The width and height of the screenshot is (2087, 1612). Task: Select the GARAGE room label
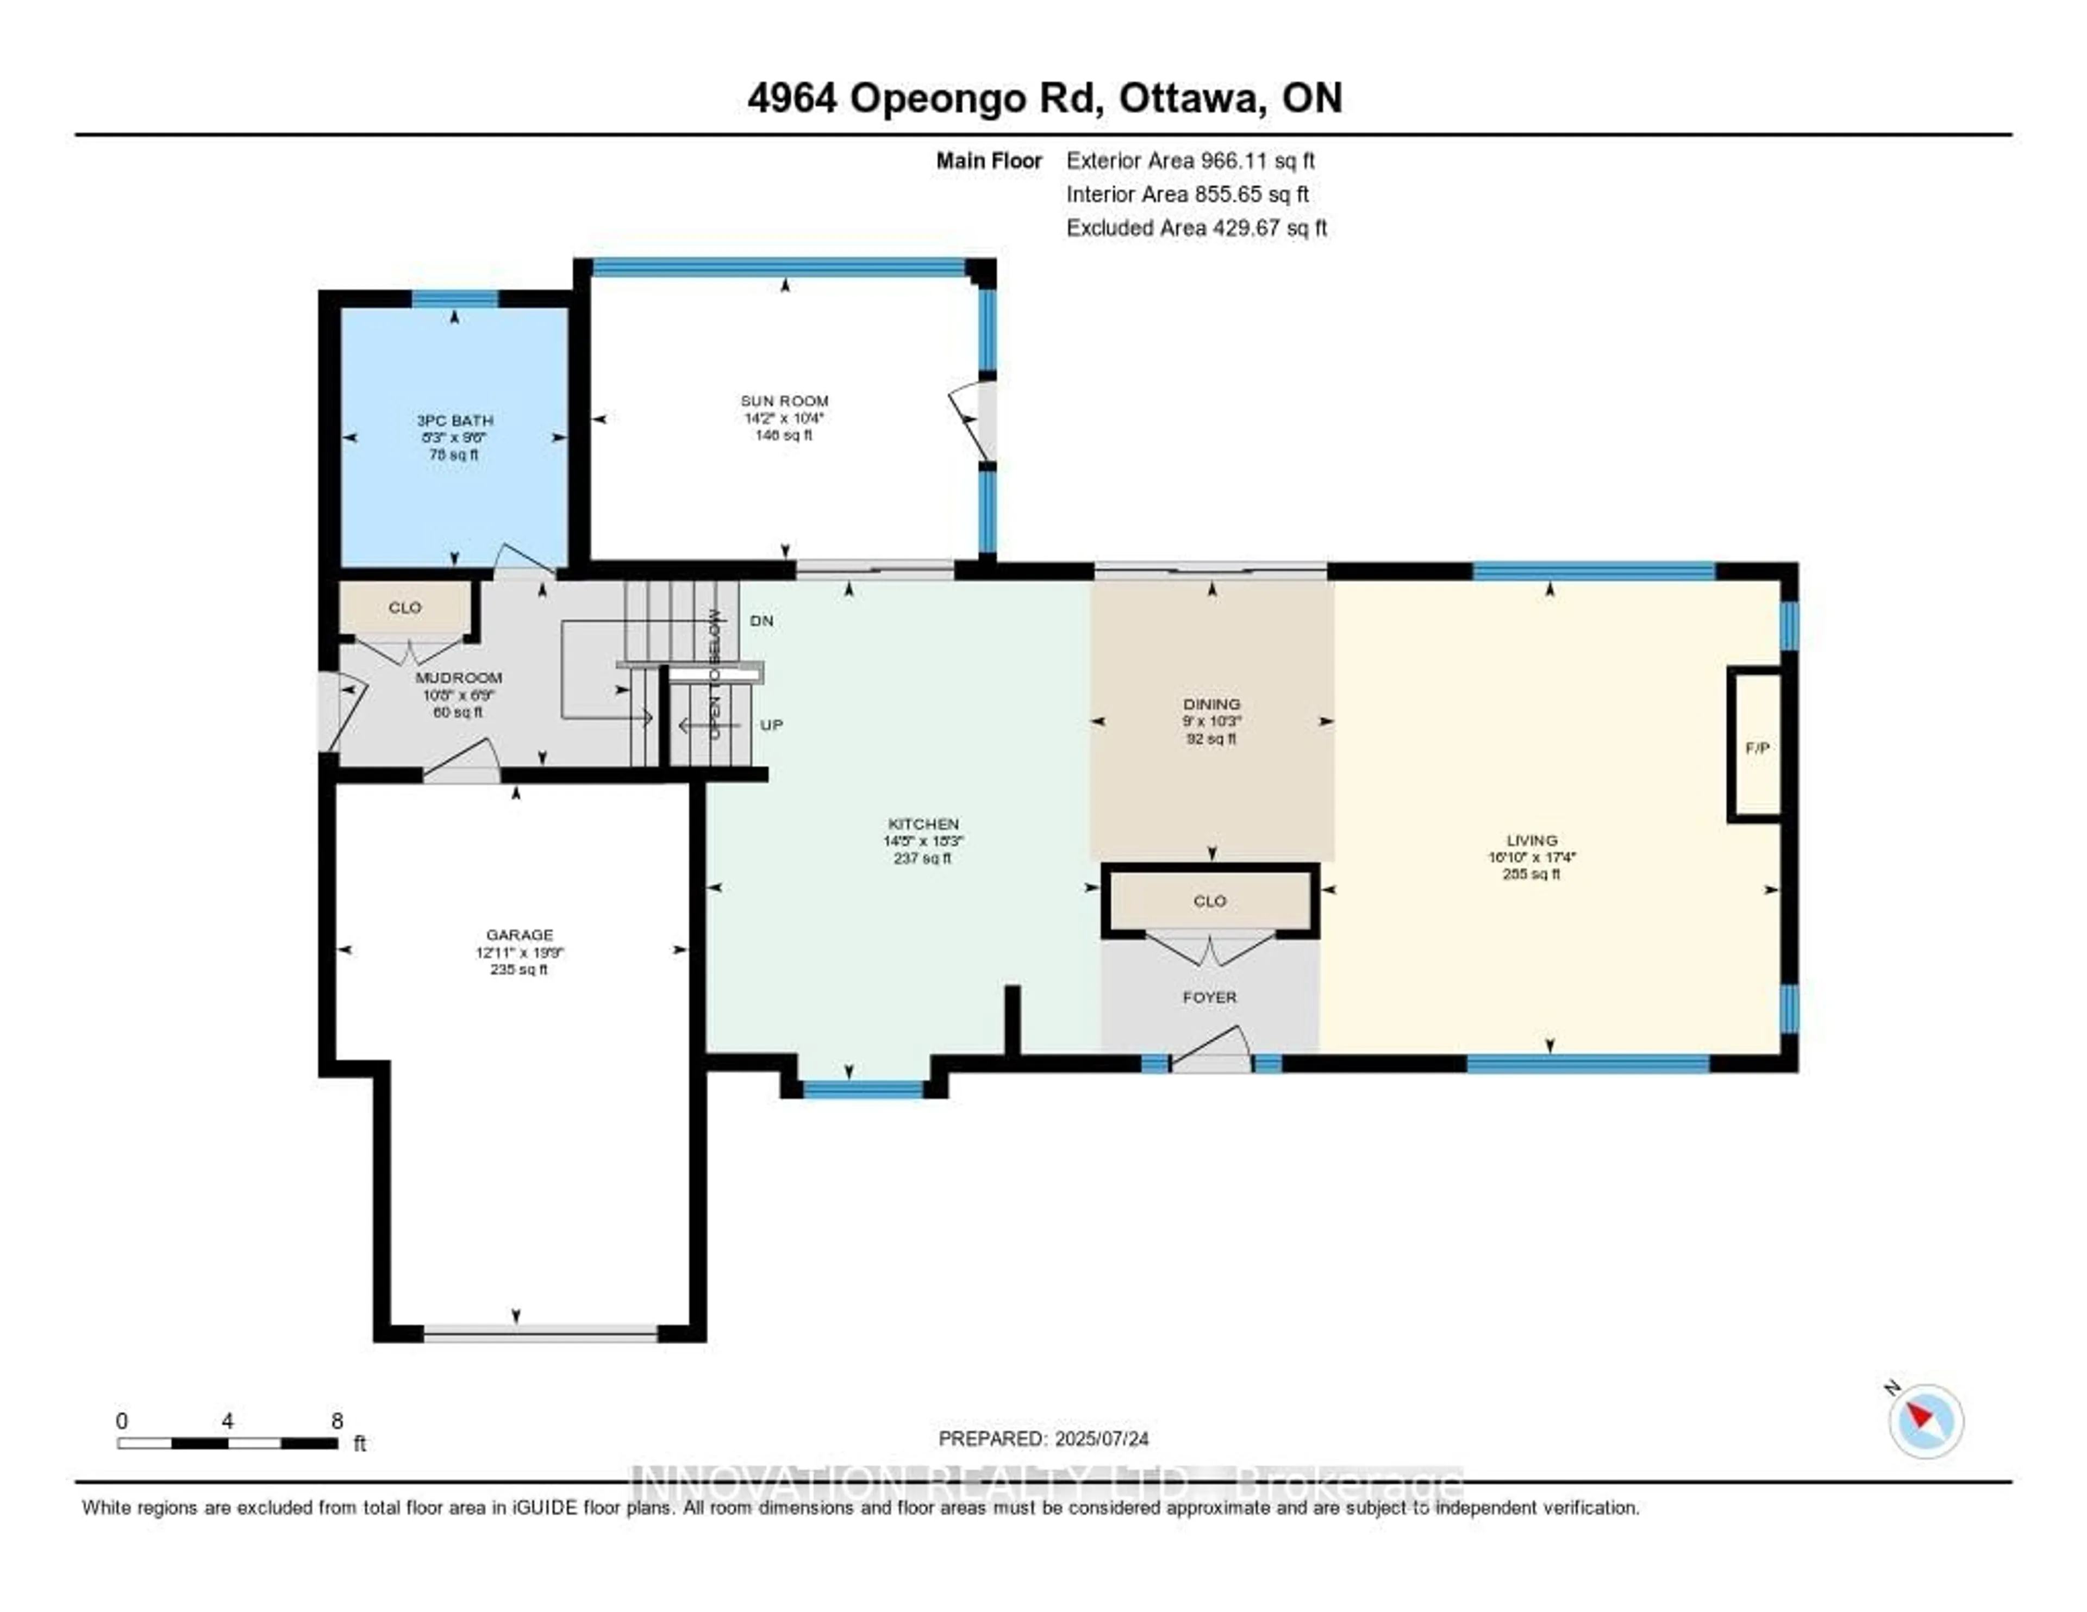coord(519,934)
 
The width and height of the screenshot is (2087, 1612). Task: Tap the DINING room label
coord(1211,704)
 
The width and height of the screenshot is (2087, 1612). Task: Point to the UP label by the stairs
coord(771,725)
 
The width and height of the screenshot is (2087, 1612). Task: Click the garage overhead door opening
coord(541,1333)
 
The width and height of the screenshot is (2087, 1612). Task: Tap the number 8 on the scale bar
coord(336,1421)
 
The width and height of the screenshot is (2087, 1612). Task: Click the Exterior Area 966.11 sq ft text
coord(1190,160)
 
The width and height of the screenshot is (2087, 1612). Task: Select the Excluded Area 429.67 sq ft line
coord(1196,227)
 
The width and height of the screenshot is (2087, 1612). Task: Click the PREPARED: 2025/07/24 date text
coord(1043,1438)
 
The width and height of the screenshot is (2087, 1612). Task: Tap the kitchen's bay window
coord(863,1089)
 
